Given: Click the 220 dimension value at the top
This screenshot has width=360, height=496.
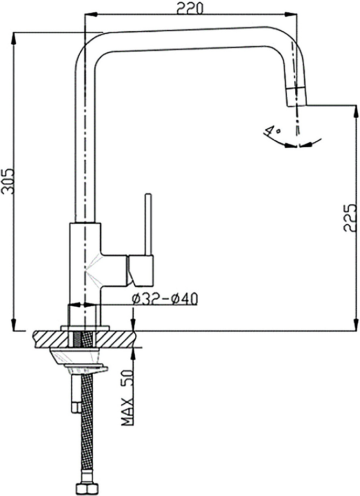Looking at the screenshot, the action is (190, 8).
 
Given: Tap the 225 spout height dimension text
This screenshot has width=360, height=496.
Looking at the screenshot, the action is (350, 218).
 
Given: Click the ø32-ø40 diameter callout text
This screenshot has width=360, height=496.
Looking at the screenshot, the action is (165, 298).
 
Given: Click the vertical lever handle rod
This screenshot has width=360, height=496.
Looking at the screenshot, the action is (148, 224).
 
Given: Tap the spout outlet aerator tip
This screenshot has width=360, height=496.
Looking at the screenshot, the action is (296, 97).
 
